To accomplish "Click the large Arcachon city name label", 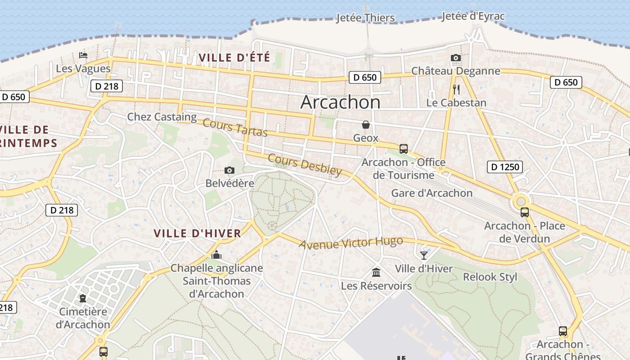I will (x=340, y=103).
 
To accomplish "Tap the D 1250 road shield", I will (x=504, y=167).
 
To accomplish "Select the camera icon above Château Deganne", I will (x=455, y=58).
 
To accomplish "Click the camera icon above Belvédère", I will (x=229, y=170).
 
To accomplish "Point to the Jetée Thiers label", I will (x=365, y=18).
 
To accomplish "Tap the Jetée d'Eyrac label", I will (x=473, y=16).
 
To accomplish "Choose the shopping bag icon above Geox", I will (x=366, y=124).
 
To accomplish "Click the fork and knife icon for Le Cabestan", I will (x=456, y=89).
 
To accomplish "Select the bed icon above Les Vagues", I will (x=83, y=55).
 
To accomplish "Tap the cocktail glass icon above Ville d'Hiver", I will (x=423, y=256).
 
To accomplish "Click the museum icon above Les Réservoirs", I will (x=376, y=272).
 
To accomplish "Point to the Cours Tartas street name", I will (x=235, y=127).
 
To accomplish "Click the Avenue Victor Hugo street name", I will (x=351, y=243).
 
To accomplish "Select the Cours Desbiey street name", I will (x=305, y=165).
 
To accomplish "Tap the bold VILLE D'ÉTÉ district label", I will (x=234, y=58).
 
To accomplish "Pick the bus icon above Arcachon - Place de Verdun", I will (x=524, y=212).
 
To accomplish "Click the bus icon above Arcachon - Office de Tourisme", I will (x=403, y=149).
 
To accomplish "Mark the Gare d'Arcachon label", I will (x=432, y=193).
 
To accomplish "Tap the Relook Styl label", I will (x=490, y=277).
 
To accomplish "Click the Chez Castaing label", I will (x=162, y=117).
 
